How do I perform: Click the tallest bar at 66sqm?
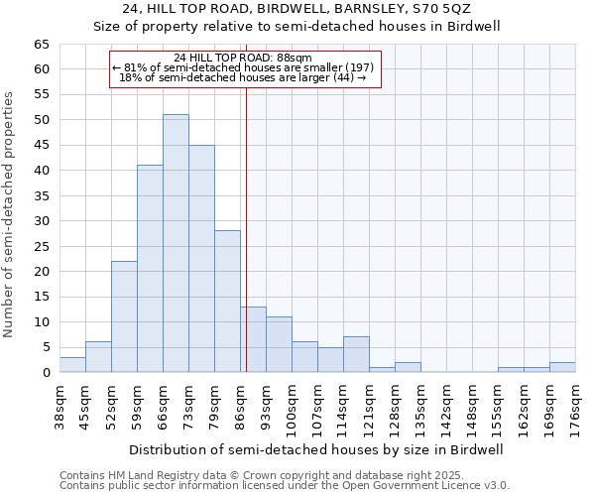tap(176, 243)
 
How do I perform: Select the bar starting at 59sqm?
tap(150, 268)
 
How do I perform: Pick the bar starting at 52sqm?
tap(124, 316)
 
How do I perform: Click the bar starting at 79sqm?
tap(227, 302)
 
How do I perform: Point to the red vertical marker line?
tap(246, 228)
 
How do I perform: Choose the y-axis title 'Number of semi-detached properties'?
tap(10, 214)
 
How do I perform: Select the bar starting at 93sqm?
tap(279, 344)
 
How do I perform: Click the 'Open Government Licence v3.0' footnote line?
tap(285, 485)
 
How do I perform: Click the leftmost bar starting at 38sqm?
tap(72, 365)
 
